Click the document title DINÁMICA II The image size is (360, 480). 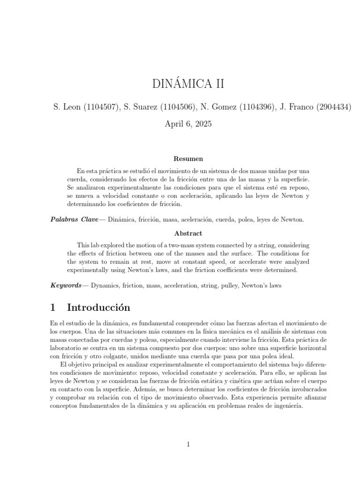[182, 84]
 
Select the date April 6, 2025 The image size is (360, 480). [182, 124]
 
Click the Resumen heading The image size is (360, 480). [188, 159]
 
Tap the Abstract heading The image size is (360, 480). [188, 233]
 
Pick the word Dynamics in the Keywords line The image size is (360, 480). [107, 285]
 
